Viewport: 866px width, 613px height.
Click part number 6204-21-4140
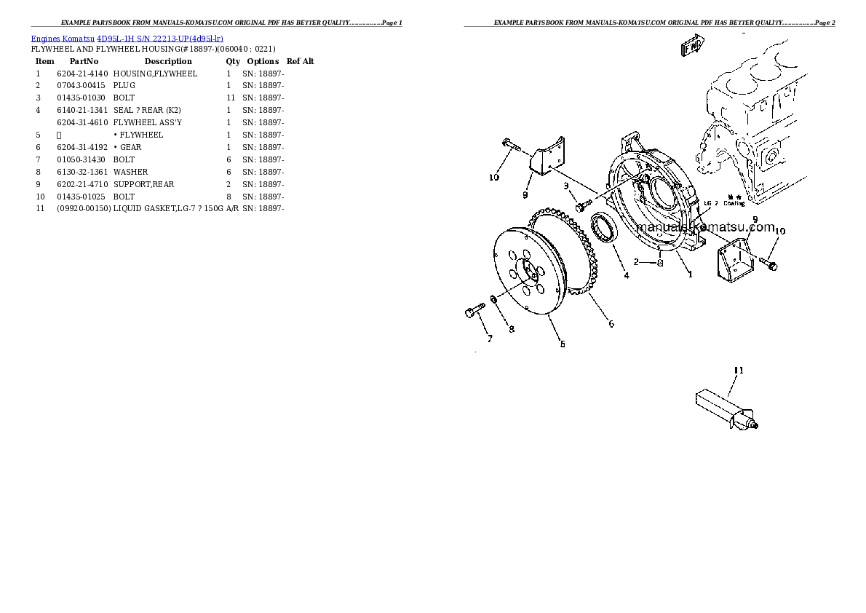(x=82, y=74)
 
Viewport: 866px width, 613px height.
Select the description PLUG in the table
(x=124, y=86)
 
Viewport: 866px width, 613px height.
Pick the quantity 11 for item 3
(x=230, y=98)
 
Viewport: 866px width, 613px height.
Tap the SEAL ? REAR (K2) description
(x=142, y=111)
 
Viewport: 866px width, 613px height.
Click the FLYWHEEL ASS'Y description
(x=148, y=123)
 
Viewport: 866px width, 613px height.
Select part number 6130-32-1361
(x=82, y=173)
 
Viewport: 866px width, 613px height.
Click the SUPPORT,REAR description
(x=144, y=185)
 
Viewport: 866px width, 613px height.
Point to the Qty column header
(x=233, y=62)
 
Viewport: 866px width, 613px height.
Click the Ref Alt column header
(x=300, y=62)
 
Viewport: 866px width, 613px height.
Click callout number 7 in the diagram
(x=490, y=339)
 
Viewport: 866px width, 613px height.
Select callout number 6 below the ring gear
(x=611, y=324)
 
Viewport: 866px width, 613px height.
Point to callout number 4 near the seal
(x=626, y=275)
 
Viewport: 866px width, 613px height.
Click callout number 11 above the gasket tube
(x=739, y=371)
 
